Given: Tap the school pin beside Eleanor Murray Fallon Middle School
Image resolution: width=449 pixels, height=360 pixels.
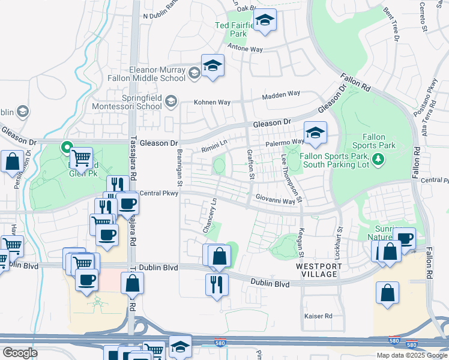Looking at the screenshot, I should pyautogui.click(x=212, y=66).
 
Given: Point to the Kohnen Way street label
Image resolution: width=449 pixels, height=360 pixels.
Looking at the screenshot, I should pyautogui.click(x=212, y=103).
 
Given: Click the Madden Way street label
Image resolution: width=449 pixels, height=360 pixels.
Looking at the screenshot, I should pyautogui.click(x=281, y=94).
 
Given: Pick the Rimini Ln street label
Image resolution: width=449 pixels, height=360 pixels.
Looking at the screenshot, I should pyautogui.click(x=214, y=145).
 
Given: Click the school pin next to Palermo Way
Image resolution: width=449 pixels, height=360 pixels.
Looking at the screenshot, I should pyautogui.click(x=315, y=133).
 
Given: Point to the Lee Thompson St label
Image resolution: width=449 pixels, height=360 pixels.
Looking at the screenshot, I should pyautogui.click(x=291, y=177).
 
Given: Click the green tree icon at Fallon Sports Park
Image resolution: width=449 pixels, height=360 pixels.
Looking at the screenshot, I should pyautogui.click(x=378, y=159).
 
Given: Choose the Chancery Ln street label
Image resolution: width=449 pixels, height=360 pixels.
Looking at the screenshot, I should pyautogui.click(x=210, y=216).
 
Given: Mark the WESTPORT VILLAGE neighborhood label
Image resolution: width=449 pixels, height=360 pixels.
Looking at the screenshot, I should pyautogui.click(x=316, y=269).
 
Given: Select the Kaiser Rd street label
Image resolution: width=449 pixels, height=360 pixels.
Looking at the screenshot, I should pyautogui.click(x=319, y=316).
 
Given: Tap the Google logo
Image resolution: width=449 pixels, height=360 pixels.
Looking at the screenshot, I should pyautogui.click(x=19, y=353).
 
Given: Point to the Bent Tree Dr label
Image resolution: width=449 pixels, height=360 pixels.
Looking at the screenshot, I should pyautogui.click(x=395, y=25).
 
